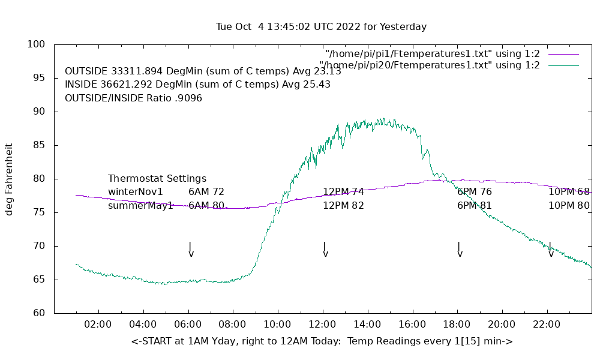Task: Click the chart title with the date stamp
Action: (x=321, y=27)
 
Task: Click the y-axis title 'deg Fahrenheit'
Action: (x=9, y=179)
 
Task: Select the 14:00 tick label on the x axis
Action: (x=367, y=325)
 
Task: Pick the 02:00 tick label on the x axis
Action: (x=98, y=325)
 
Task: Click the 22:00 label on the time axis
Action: (x=547, y=325)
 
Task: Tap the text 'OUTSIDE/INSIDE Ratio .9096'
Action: (x=133, y=98)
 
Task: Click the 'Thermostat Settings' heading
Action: (x=157, y=179)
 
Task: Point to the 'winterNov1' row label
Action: (x=136, y=192)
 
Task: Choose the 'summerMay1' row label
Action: (x=140, y=206)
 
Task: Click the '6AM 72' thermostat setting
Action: (x=206, y=192)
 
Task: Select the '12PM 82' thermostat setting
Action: (x=343, y=206)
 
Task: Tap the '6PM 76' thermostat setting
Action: (x=475, y=192)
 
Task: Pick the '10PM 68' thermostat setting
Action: (x=569, y=192)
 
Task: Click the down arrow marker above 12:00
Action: (x=325, y=250)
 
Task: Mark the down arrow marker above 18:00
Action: (x=459, y=250)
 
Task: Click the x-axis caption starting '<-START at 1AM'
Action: (x=322, y=341)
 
